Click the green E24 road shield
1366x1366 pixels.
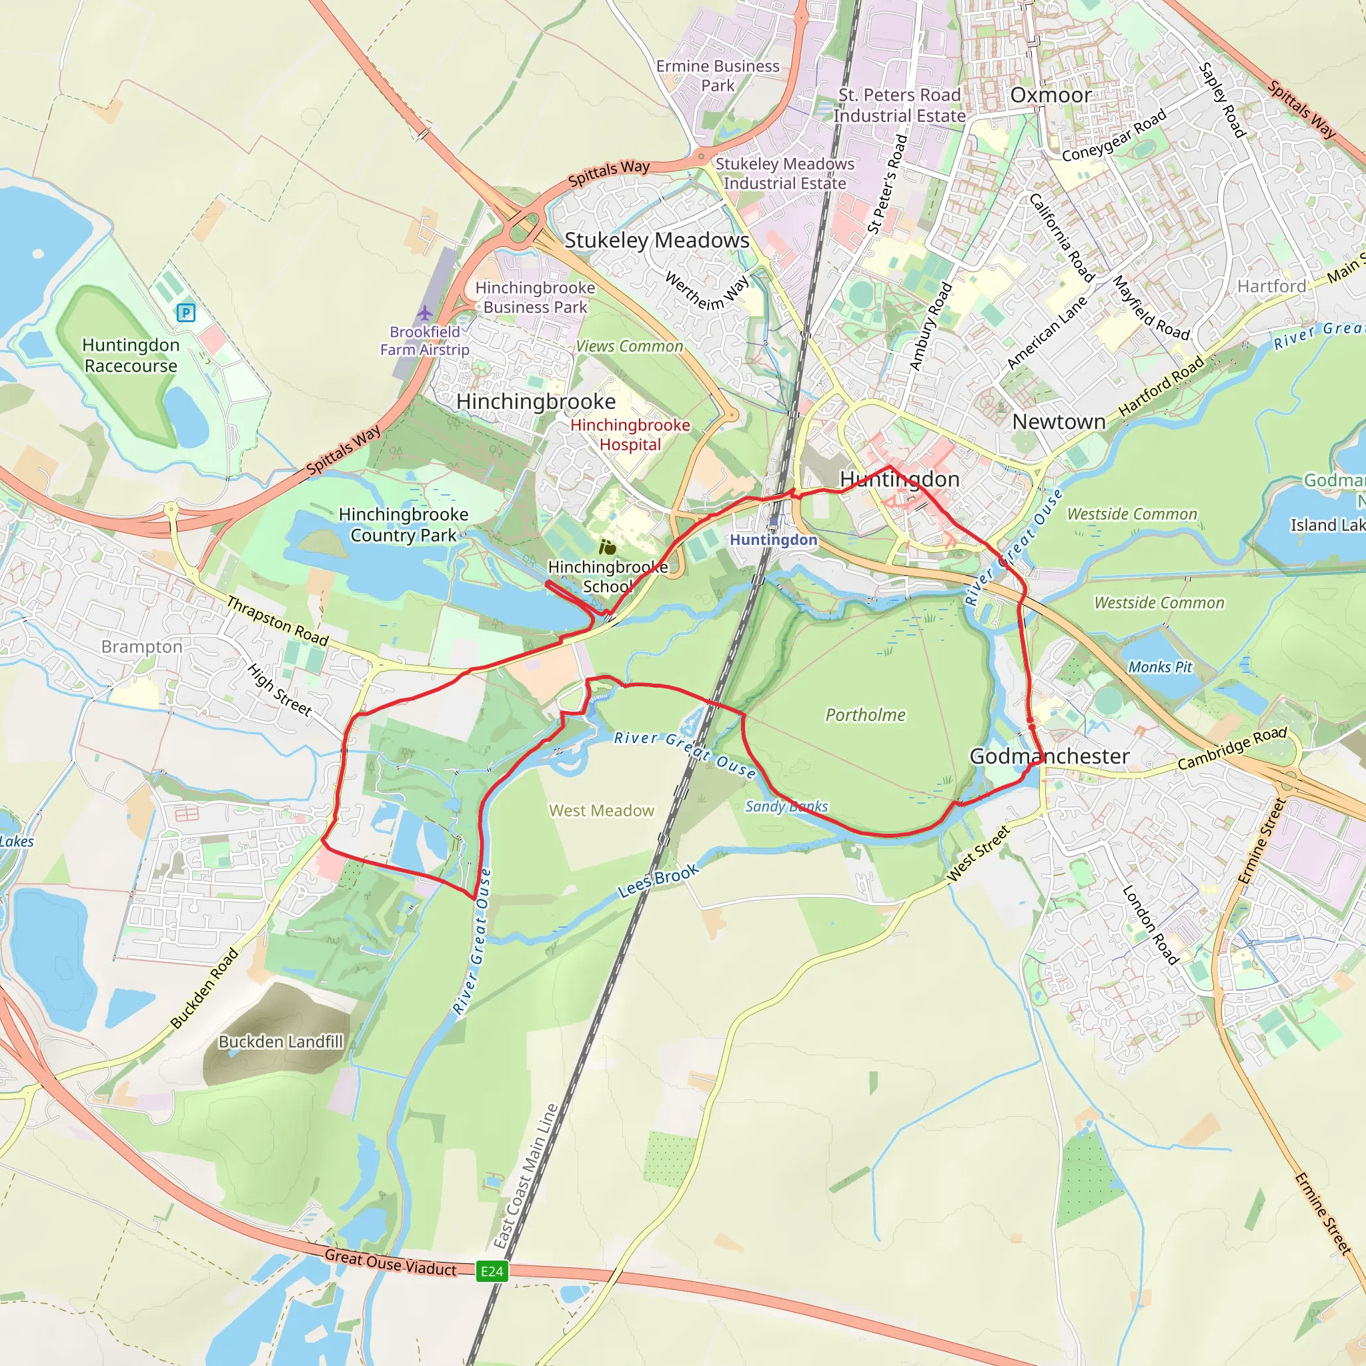[492, 1271]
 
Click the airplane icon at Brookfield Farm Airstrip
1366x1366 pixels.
[424, 313]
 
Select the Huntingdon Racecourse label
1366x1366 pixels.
[131, 355]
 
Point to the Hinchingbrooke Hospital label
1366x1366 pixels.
[630, 434]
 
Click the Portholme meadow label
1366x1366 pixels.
[865, 715]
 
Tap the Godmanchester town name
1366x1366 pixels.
[1049, 756]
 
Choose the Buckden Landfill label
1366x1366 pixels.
[281, 1041]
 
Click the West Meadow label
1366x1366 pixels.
[602, 810]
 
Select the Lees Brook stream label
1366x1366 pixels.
[658, 880]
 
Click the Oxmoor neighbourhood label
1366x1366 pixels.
[1051, 95]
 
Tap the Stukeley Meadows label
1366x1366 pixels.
[657, 240]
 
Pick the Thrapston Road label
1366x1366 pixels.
[278, 621]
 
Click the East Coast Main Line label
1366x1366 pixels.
[526, 1177]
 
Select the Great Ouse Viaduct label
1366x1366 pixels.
[390, 1263]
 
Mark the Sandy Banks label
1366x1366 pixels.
[786, 806]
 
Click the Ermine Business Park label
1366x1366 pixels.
[718, 75]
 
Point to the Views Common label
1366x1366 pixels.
[629, 346]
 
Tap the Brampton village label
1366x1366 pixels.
[141, 646]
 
